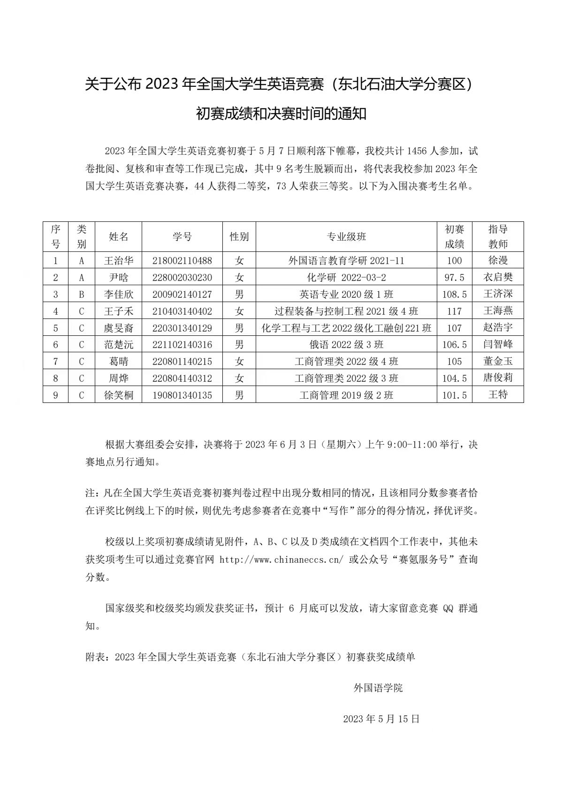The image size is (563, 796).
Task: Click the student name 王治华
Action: pos(118,261)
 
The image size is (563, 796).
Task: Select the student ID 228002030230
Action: pos(182,278)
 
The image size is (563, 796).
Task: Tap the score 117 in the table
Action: pos(454,311)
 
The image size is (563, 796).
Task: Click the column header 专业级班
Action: pos(346,237)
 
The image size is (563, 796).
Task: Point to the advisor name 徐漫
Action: pos(498,260)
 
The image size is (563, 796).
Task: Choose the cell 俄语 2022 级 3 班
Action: pos(346,345)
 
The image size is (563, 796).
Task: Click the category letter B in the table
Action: pos(81,295)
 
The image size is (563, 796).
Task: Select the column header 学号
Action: pos(182,237)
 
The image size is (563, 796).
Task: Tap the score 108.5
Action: pos(454,295)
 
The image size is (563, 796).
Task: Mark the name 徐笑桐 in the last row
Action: pos(118,395)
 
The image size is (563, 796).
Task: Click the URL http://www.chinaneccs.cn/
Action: pos(281,560)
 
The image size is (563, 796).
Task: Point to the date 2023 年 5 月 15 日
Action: pos(381,719)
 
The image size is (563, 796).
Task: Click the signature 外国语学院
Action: pos(378,688)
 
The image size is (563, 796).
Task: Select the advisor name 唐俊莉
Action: pos(498,378)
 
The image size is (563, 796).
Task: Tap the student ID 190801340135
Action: pos(182,395)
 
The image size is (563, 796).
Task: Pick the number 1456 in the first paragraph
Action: pos(417,151)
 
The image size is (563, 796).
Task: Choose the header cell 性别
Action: pos(239,237)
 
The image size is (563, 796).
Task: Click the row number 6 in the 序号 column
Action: pos(55,345)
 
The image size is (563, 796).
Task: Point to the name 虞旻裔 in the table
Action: pos(118,328)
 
